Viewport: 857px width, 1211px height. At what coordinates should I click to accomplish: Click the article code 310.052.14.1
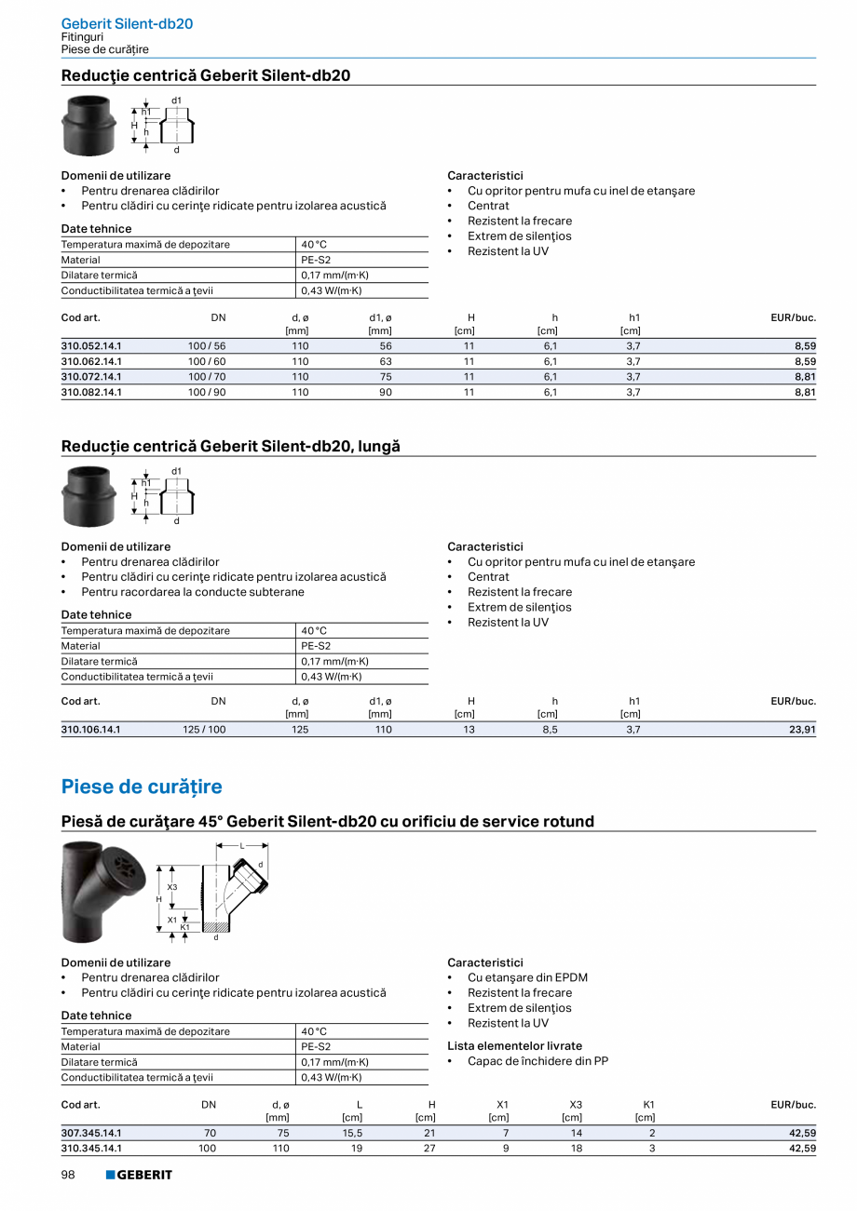click(x=91, y=346)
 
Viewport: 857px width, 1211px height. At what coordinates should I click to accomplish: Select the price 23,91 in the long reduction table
click(x=802, y=730)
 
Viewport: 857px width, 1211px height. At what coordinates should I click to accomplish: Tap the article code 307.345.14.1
click(x=91, y=1133)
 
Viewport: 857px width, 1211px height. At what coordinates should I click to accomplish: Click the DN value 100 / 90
click(x=207, y=392)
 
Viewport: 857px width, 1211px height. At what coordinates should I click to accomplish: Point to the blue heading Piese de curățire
click(x=142, y=787)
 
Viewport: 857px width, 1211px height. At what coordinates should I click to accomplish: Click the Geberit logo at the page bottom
click(x=139, y=1175)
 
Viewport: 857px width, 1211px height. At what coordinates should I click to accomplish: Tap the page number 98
click(x=69, y=1175)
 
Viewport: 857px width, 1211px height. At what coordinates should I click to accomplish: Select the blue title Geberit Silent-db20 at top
click(x=127, y=23)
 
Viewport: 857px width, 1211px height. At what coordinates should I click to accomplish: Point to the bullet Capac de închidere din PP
click(x=537, y=1061)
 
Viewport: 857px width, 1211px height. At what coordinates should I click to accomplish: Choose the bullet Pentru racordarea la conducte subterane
click(x=192, y=592)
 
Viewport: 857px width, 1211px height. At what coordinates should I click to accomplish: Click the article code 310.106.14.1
click(x=91, y=730)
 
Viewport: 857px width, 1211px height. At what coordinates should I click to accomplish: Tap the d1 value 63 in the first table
click(x=386, y=361)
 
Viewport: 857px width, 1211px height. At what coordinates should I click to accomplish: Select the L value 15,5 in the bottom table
click(x=352, y=1133)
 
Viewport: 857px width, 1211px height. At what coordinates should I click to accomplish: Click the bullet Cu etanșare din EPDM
click(x=527, y=977)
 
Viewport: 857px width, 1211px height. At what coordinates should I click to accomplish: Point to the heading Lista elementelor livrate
click(x=514, y=1045)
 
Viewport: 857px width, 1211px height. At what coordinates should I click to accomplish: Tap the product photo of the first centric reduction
click(x=88, y=125)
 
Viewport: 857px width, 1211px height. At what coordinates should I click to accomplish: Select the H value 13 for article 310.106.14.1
click(x=469, y=730)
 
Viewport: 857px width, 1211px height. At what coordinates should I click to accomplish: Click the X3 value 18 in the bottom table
click(x=576, y=1149)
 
